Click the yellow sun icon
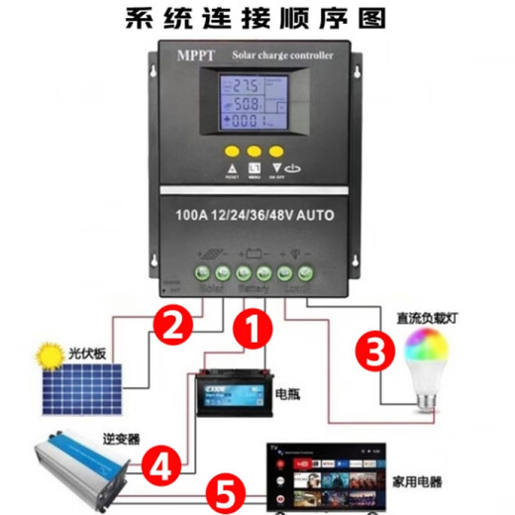pyautogui.click(x=45, y=354)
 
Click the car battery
pyautogui.click(x=230, y=391)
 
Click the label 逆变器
pyautogui.click(x=93, y=437)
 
